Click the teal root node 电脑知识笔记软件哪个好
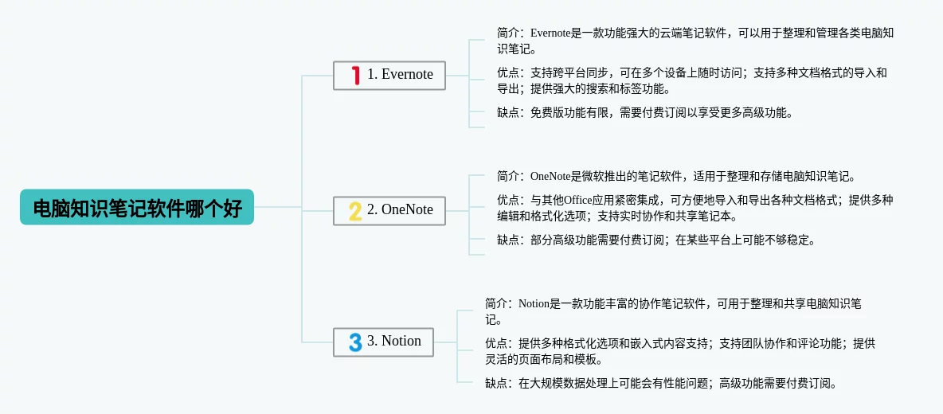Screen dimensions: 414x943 tap(137, 208)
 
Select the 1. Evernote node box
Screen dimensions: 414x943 tap(389, 75)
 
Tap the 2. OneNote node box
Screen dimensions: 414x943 tap(389, 210)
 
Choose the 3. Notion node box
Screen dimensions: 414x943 tap(383, 342)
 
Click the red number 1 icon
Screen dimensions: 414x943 tap(355, 75)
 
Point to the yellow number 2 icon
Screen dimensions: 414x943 tap(355, 210)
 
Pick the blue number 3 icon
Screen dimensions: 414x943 tap(355, 342)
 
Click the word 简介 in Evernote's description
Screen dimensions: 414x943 tap(508, 33)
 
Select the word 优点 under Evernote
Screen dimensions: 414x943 tap(508, 72)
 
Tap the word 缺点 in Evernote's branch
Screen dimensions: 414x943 tap(508, 112)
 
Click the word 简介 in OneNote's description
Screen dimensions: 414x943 tap(508, 176)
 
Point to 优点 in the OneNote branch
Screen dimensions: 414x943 tap(508, 200)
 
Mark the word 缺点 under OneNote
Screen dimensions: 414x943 tap(508, 240)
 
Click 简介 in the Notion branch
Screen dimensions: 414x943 tap(496, 303)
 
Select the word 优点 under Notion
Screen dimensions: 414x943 tap(496, 343)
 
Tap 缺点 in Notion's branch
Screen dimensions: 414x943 tap(496, 383)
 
